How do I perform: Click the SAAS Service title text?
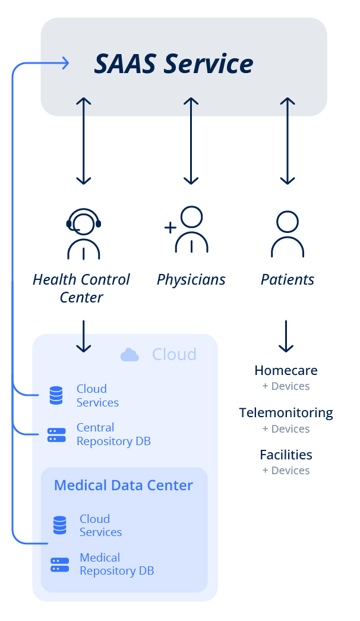(x=174, y=64)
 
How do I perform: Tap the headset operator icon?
(x=84, y=234)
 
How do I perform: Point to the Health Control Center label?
(x=81, y=288)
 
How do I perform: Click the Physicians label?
(x=191, y=279)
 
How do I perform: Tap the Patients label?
(x=288, y=279)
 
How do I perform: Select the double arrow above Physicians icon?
(x=191, y=141)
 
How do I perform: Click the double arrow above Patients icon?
(x=288, y=141)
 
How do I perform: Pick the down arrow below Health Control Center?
(x=84, y=336)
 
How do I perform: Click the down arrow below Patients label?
(x=286, y=336)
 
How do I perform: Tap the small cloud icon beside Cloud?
(x=130, y=355)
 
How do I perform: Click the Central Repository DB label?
(x=113, y=434)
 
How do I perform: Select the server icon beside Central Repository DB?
(x=56, y=434)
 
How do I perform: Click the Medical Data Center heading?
(x=124, y=486)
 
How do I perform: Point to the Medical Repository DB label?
(x=116, y=564)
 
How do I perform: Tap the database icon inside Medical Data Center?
(x=59, y=525)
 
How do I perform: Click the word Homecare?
(x=286, y=370)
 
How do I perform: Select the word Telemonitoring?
(x=286, y=412)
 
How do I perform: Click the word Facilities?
(x=286, y=455)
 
